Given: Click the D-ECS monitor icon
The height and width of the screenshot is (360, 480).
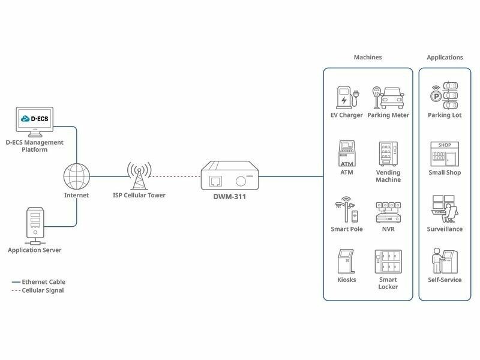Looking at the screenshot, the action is coord(35,122).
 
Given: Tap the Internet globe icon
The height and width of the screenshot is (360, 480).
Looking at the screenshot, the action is coord(77,176).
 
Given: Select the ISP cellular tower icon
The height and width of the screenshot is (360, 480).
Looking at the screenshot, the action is coord(139,176).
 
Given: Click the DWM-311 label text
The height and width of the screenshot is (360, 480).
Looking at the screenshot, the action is coord(230,197).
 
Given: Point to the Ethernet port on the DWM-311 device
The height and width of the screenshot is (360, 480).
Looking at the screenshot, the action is coord(215,181).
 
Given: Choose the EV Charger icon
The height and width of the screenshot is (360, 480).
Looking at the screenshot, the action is coord(347,97).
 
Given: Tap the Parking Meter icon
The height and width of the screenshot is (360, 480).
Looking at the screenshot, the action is coord(388,98).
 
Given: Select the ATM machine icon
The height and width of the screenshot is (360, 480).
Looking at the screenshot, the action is coord(347,153).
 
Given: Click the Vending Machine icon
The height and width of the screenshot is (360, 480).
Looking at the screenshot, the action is coord(388,154).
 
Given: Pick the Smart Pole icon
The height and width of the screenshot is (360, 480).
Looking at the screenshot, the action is coord(347,209).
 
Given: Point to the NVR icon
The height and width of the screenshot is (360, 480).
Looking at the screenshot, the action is coord(388,212).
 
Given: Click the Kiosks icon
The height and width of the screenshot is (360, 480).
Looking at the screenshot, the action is coord(346,261).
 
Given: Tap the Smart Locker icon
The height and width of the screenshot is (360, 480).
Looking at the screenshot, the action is coord(388,262).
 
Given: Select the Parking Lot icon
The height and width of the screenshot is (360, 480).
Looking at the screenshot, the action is coord(445,95).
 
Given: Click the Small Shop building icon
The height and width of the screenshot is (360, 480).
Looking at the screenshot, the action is coord(445,154).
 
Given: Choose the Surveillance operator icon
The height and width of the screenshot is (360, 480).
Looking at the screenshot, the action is coord(445,209).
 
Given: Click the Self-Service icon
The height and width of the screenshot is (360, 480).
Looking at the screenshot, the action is coord(445,261).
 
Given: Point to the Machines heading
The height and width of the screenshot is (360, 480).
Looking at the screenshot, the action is coord(368,57).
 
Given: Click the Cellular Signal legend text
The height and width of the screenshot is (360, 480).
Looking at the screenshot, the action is coord(43,290).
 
